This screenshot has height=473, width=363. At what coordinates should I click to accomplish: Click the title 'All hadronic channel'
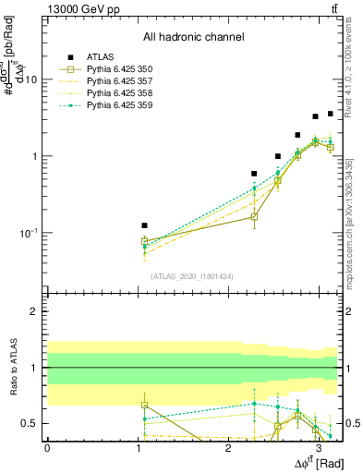pyautogui.click(x=193, y=38)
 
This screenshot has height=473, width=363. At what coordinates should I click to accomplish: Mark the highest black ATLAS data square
pyautogui.click(x=330, y=114)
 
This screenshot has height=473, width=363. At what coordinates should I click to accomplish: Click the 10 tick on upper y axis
pyautogui.click(x=30, y=79)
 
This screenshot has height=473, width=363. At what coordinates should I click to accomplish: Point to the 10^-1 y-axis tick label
pyautogui.click(x=28, y=233)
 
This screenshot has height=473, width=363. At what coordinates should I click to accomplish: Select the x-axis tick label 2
pyautogui.click(x=227, y=447)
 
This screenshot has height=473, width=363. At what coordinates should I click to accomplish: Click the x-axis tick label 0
pyautogui.click(x=47, y=447)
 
